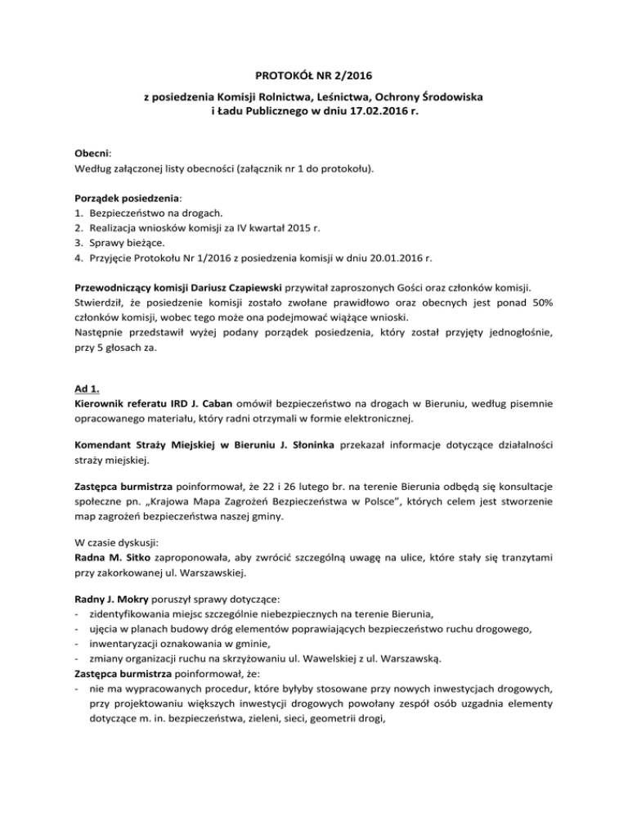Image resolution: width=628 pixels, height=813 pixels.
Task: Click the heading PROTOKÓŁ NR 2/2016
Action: (314, 77)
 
